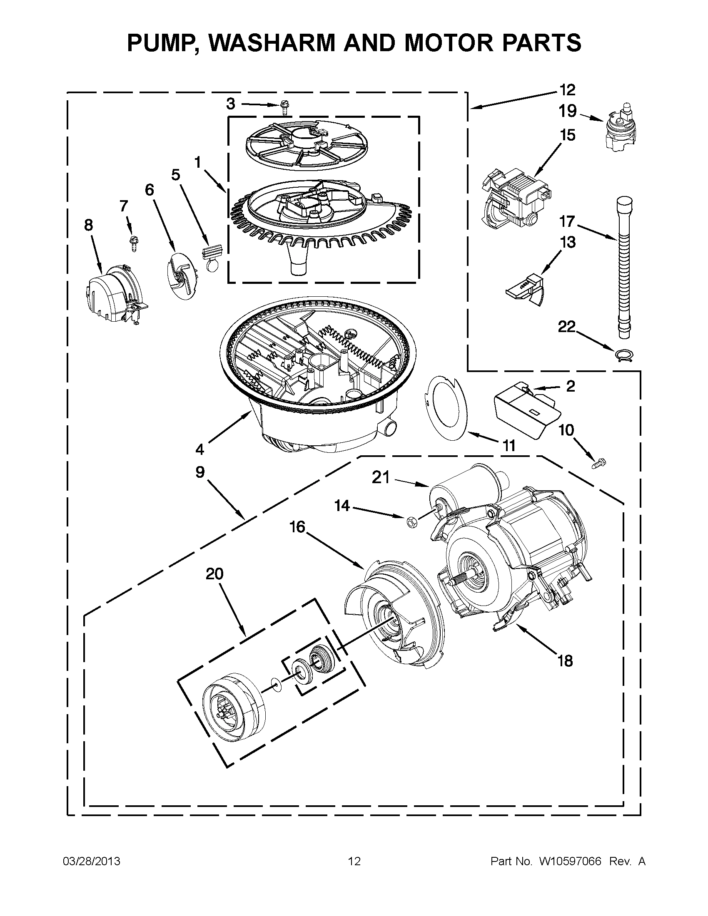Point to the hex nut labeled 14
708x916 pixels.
coord(411,522)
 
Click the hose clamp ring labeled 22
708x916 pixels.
coord(622,356)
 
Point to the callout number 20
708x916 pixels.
coord(214,573)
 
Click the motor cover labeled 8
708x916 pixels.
coord(111,294)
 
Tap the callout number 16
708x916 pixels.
coord(297,527)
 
